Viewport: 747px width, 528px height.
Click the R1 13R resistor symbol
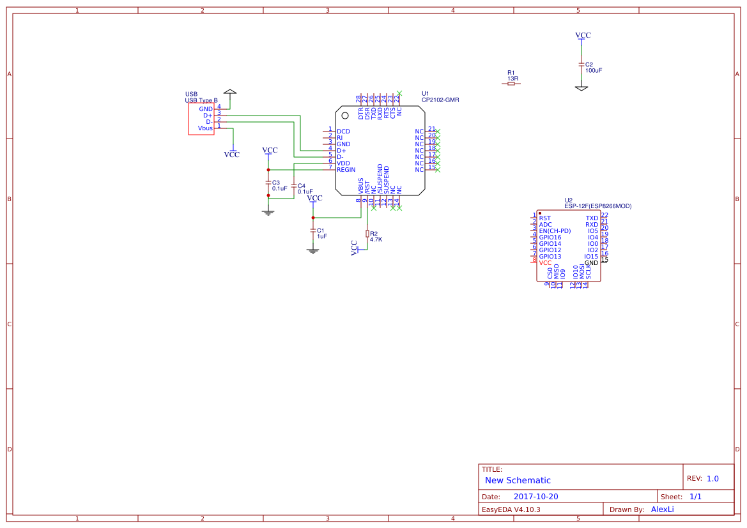[511, 84]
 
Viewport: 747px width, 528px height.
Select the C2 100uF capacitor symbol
[581, 64]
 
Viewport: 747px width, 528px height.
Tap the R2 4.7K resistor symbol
[367, 234]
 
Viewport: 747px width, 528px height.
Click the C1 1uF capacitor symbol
[312, 230]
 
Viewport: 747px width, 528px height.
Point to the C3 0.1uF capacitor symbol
[268, 183]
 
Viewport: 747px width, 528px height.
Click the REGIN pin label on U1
[346, 170]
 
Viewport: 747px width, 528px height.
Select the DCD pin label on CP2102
[343, 132]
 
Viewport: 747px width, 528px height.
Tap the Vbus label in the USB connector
[205, 128]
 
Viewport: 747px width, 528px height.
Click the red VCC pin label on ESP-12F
[545, 263]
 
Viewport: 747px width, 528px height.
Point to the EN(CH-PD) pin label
[555, 231]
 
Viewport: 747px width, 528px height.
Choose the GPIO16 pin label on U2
[550, 238]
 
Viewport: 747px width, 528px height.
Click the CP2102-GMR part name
[440, 100]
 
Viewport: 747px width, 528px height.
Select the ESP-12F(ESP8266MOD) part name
[597, 206]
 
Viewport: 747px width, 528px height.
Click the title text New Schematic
[518, 480]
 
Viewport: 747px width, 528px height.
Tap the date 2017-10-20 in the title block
[535, 497]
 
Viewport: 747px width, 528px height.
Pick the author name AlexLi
[662, 509]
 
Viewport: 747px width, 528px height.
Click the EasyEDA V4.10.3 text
[511, 509]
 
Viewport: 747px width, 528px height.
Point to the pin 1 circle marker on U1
[345, 116]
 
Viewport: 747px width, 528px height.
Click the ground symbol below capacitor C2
[581, 88]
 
